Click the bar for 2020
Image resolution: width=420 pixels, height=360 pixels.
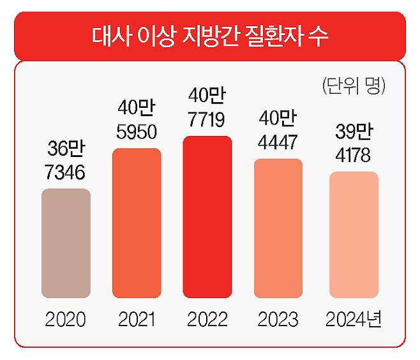pos(66,244)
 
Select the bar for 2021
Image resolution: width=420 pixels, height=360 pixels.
pos(137,223)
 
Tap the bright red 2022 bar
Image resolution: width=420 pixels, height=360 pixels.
pos(207,218)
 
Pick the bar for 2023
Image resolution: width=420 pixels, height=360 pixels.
pos(278,229)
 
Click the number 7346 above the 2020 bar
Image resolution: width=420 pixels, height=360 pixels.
pos(66,173)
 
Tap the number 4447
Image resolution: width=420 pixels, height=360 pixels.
pos(278,142)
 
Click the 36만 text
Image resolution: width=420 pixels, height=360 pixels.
pos(66,151)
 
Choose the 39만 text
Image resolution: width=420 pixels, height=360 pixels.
pos(354,133)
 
